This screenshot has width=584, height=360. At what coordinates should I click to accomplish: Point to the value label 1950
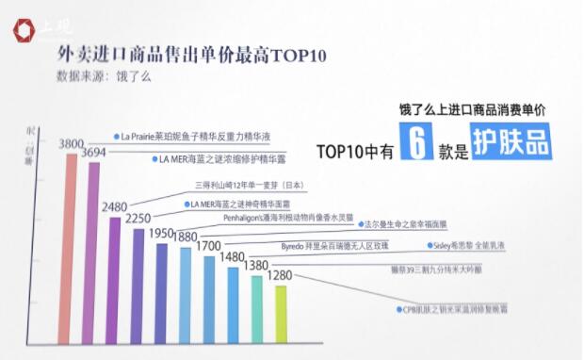pos(162,233)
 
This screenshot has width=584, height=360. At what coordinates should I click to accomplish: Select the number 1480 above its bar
pos(233,256)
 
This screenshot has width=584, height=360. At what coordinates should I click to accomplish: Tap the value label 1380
pos(256,266)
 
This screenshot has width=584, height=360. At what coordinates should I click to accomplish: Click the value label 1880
pos(186,237)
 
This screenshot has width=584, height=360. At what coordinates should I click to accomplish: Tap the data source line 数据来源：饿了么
pos(103,76)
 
